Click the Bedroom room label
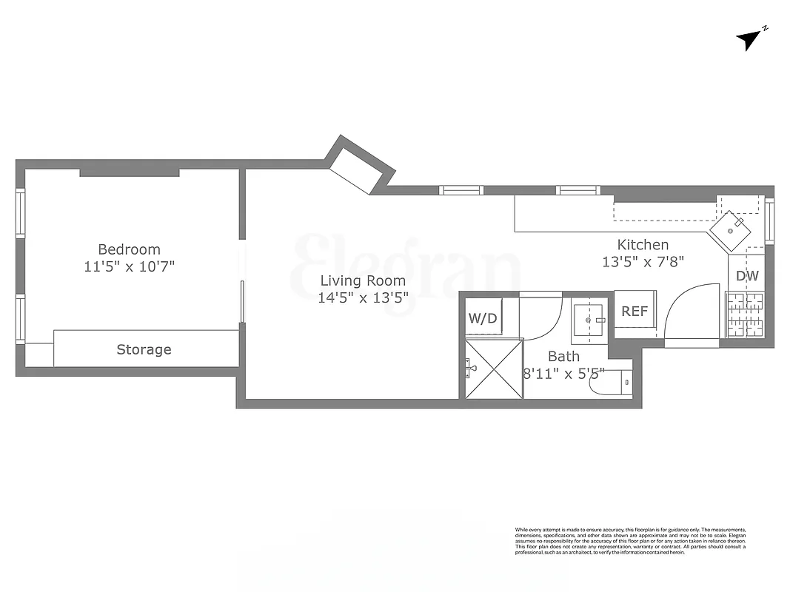[129, 249]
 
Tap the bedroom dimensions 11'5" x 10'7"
[129, 266]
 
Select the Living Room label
[363, 280]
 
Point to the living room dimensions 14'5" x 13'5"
[363, 298]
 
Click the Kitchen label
[643, 244]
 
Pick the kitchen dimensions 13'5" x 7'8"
[643, 261]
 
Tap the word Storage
[144, 349]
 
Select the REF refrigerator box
[635, 312]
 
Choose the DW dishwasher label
[746, 276]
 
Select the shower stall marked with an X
[494, 369]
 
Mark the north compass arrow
[751, 40]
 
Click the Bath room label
[563, 356]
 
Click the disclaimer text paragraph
[630, 540]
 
